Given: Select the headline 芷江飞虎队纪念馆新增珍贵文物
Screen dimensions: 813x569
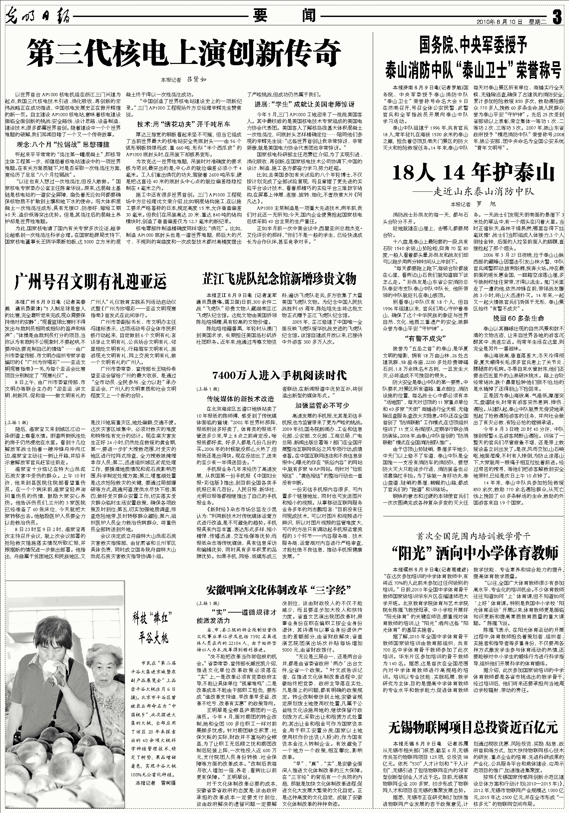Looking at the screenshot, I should coord(279,279).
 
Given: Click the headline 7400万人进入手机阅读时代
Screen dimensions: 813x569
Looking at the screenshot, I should coord(279,376).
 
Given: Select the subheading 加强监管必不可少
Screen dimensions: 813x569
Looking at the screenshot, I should coord(322,406).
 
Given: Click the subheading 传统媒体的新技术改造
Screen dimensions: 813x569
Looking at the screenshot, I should coord(240,399).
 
